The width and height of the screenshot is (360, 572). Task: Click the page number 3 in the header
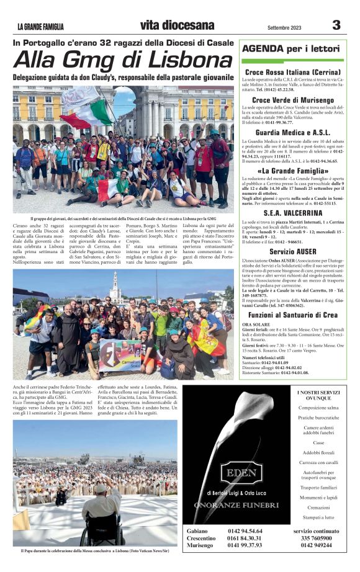[336, 25]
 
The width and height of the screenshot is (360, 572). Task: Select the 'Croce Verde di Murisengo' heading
[292, 100]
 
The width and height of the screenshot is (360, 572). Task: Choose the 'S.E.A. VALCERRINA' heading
[292, 213]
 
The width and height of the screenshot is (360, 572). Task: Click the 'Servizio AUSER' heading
[292, 252]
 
